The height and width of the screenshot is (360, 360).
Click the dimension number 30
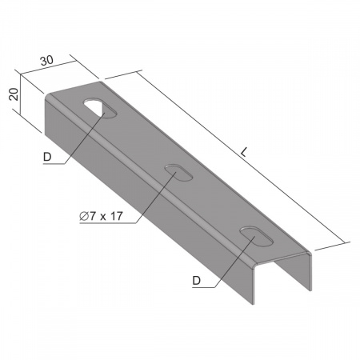click(47, 61)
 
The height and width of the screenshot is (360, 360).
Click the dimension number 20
click(14, 94)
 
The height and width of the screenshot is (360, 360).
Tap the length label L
click(244, 152)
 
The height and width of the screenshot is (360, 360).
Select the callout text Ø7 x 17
click(101, 216)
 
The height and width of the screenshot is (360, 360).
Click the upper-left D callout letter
click(47, 157)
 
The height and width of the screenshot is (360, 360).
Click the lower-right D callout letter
click(196, 281)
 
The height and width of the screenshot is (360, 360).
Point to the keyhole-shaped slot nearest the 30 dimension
click(100, 108)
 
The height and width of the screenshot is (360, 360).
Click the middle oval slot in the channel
click(178, 173)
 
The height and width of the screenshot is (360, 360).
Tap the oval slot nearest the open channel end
click(257, 236)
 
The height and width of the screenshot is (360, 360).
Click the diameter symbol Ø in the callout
click(84, 216)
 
